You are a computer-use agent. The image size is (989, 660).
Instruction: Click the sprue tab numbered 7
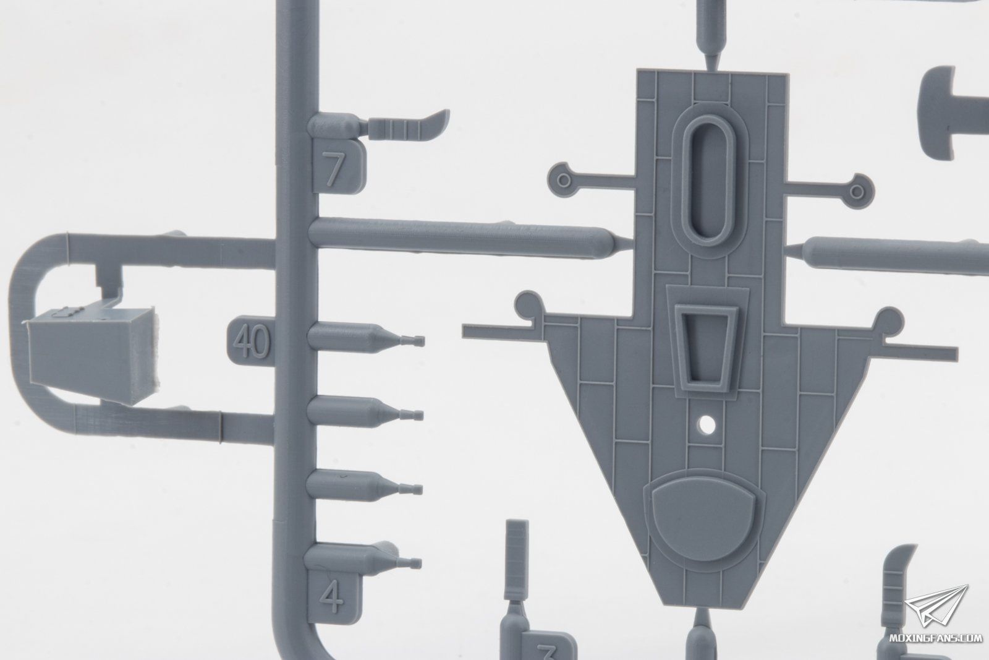point(339,166)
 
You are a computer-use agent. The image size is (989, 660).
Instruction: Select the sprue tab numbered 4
point(334,596)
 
